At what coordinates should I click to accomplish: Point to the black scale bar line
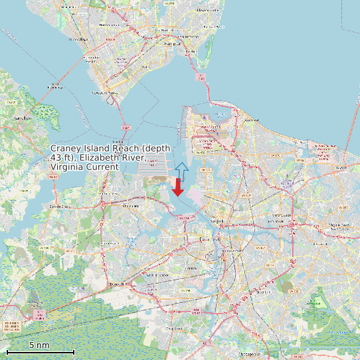pos(40,351)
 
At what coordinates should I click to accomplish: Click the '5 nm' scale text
pos(39,345)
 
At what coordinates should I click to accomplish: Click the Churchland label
pos(131,206)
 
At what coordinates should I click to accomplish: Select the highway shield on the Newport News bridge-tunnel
pos(124,126)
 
